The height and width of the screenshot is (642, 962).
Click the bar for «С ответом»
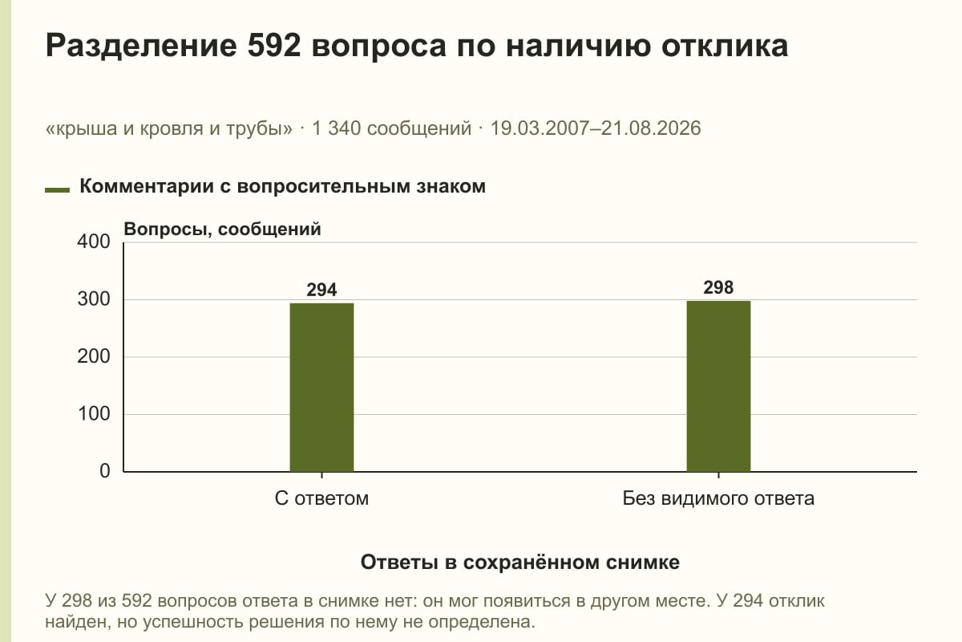(321, 388)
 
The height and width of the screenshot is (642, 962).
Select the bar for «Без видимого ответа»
(718, 386)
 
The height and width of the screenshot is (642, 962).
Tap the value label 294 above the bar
(321, 290)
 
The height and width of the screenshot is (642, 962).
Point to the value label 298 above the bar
(718, 287)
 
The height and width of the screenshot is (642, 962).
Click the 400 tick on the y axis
(94, 242)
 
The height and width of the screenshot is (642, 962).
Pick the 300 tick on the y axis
(94, 299)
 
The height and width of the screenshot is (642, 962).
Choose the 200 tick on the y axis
(94, 356)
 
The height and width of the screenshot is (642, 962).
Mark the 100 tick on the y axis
(94, 414)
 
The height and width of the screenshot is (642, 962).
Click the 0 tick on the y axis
(105, 471)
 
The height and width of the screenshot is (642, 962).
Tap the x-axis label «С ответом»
(321, 499)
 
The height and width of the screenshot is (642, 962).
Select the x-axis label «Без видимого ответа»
(718, 499)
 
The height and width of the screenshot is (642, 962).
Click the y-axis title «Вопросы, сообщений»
(223, 230)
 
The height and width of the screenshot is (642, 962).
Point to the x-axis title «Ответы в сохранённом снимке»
(520, 563)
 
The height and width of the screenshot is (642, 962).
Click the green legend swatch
(57, 190)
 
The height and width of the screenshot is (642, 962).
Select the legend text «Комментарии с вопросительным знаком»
(282, 187)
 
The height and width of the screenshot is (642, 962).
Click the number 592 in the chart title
(274, 46)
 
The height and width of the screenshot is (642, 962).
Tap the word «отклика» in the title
(725, 46)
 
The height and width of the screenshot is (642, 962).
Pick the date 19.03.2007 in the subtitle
(540, 128)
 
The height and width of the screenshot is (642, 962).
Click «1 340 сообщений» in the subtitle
(392, 129)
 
